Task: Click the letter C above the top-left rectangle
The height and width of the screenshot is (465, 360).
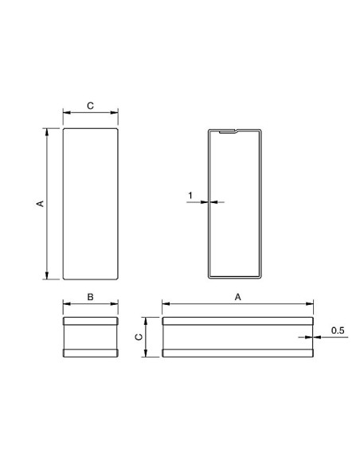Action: click(90, 104)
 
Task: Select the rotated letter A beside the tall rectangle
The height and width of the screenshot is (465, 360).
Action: click(39, 204)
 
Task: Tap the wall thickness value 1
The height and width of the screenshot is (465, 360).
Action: click(190, 195)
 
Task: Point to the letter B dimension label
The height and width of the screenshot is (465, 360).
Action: click(90, 296)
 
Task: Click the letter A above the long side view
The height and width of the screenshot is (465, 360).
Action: click(237, 296)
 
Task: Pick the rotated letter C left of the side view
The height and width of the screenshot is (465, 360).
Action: click(136, 338)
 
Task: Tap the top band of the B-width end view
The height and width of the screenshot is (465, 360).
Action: click(90, 322)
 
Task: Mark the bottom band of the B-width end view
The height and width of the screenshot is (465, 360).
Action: click(90, 353)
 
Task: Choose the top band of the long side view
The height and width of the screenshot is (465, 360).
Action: click(237, 322)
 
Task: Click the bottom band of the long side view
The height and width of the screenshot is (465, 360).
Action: click(237, 353)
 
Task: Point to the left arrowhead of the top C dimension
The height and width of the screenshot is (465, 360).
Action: click(65, 114)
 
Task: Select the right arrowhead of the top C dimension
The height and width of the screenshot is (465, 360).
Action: click(116, 114)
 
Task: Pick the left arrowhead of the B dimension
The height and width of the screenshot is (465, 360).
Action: click(65, 305)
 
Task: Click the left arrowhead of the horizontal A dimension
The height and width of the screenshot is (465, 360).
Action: click(165, 304)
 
